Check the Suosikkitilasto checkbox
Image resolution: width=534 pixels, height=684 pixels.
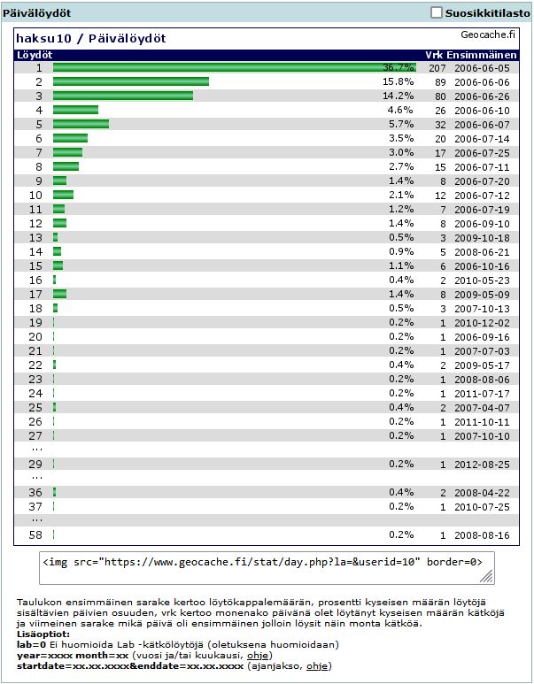coord(436,13)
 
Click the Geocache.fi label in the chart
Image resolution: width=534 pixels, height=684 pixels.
coord(488,35)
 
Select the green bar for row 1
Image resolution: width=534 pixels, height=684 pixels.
coord(234,67)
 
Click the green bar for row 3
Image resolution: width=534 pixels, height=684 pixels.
coord(123,96)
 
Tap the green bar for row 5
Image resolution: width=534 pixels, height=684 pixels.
coord(81,124)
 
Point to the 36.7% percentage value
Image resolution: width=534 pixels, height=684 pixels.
coord(399,67)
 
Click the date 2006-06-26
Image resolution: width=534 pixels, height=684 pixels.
coord(483,96)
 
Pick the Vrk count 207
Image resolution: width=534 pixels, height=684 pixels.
coord(437,67)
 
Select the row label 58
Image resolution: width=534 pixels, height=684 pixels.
coord(35,534)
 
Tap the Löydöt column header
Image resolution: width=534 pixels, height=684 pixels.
coord(34,55)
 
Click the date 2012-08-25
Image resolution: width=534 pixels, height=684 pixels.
coord(483,464)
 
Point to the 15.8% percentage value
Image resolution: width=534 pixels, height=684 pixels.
coord(399,81)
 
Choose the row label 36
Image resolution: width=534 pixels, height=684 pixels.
coord(35,492)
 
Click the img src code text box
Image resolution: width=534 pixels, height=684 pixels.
coord(266,568)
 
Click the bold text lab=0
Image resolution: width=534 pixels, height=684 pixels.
coord(32,644)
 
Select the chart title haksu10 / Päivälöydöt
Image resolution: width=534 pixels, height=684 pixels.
coord(91,39)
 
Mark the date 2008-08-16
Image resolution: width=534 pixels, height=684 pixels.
coord(483,534)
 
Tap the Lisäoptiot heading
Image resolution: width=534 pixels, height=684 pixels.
coord(42,634)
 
